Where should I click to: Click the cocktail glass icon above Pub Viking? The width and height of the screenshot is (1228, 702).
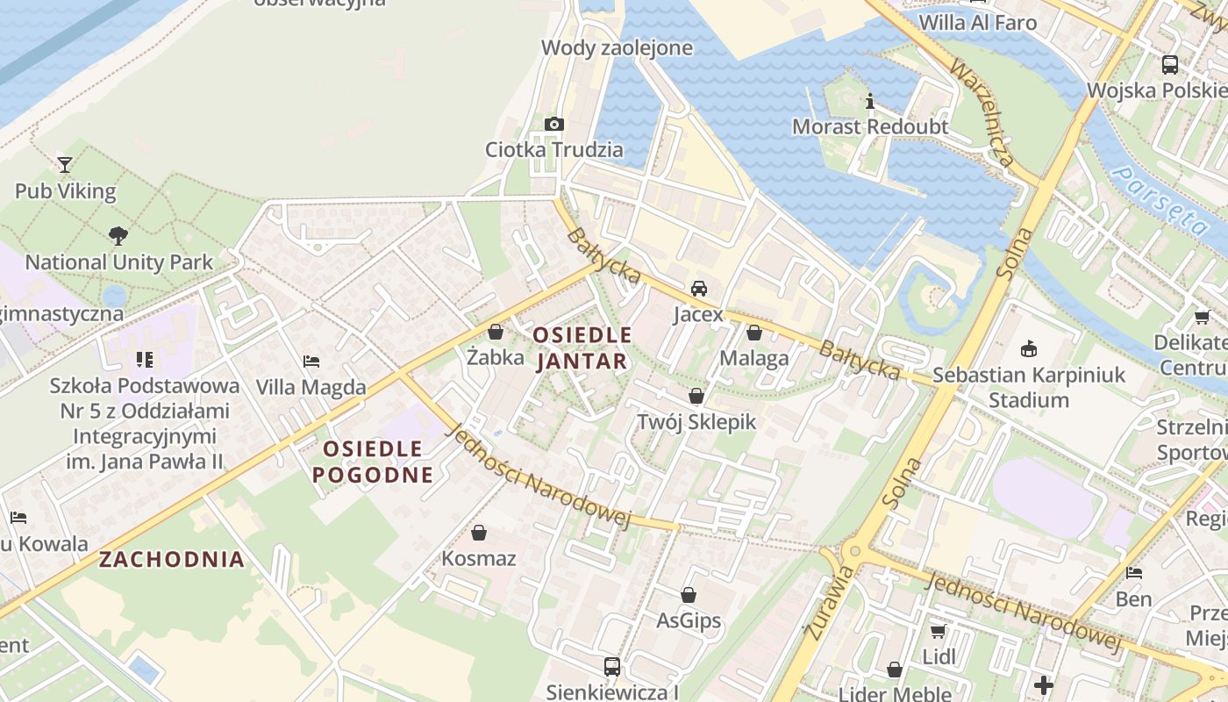click(x=64, y=164)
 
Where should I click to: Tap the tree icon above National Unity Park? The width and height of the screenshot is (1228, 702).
click(x=118, y=235)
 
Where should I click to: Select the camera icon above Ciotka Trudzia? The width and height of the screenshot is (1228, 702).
click(x=554, y=124)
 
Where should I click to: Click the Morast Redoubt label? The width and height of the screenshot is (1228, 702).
click(x=869, y=126)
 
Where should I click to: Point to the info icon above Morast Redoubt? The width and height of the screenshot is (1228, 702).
click(x=870, y=101)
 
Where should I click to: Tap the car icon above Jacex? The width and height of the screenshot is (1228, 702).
click(x=699, y=288)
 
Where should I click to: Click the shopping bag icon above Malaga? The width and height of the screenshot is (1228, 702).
click(x=754, y=333)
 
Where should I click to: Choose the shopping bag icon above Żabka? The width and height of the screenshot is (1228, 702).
click(x=496, y=332)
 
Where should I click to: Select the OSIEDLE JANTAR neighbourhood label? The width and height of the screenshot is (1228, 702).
click(x=582, y=347)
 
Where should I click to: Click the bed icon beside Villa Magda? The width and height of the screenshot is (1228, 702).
click(x=311, y=361)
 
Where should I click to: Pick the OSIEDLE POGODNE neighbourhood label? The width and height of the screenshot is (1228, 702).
click(x=373, y=462)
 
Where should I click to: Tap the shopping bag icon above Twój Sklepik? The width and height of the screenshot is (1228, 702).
click(x=696, y=396)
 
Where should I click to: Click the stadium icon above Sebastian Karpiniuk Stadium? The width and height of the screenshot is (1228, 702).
click(x=1029, y=349)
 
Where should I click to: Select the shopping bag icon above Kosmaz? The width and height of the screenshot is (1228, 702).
click(x=479, y=533)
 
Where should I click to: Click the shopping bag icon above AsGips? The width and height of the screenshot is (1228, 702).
click(x=689, y=595)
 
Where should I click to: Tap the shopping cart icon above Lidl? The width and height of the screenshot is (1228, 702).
click(x=938, y=631)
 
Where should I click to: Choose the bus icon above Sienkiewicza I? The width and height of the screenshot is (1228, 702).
click(x=612, y=667)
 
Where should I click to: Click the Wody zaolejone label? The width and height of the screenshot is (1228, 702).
click(x=617, y=47)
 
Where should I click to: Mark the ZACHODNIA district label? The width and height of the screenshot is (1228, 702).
click(x=172, y=559)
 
